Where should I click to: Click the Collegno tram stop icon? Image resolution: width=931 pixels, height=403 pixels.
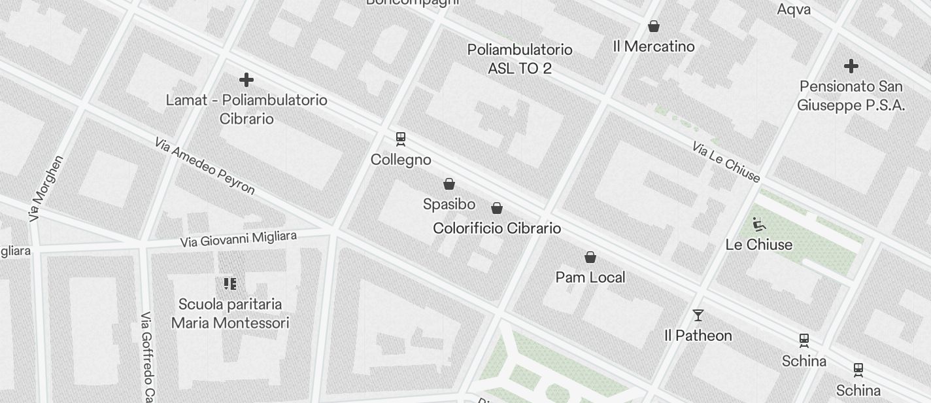click(x=401, y=139)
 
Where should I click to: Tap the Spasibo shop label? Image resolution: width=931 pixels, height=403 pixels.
click(x=449, y=204)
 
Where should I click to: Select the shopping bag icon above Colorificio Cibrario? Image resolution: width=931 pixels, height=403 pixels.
click(x=497, y=208)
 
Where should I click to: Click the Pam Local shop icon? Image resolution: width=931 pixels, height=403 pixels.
click(x=590, y=257)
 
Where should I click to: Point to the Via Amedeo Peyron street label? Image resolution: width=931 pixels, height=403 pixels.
click(x=205, y=166)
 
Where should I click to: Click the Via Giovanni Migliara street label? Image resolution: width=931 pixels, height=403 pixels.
click(x=239, y=239)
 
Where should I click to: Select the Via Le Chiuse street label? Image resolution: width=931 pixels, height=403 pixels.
click(x=726, y=161)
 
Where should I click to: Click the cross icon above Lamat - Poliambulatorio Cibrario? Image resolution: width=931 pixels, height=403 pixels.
click(x=246, y=80)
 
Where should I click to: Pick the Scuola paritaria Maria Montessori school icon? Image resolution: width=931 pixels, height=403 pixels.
click(x=229, y=284)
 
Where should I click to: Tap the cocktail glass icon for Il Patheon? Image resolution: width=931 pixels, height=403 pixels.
click(x=698, y=315)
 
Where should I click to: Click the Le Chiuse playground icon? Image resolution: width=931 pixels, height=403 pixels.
click(x=758, y=225)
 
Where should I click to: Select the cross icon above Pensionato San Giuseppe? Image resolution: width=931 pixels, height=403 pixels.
click(x=851, y=66)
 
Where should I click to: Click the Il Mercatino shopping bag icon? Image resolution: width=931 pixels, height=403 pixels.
click(x=653, y=26)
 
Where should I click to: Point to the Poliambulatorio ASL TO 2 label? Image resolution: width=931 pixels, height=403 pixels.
click(x=520, y=59)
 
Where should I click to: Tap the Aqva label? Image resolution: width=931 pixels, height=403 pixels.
click(x=794, y=9)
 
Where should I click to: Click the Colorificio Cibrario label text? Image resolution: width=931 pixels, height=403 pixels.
click(x=497, y=228)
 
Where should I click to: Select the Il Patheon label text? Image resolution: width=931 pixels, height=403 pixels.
click(x=698, y=336)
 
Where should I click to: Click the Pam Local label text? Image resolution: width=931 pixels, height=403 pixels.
click(x=590, y=277)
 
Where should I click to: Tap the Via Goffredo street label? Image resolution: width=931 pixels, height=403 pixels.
click(x=148, y=357)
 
